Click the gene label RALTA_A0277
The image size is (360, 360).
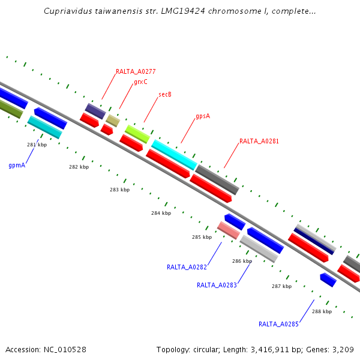point(136,72)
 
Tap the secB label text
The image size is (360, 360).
point(165,95)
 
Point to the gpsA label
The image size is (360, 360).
point(203,116)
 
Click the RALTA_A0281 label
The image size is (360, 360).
point(259,142)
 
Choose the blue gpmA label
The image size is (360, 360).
point(17,164)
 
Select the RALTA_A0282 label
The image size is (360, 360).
point(187,267)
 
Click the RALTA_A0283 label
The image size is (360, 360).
point(217,285)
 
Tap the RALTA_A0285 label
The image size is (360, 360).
point(278,324)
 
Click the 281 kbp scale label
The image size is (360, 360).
point(37,145)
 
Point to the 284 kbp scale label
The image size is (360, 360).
point(161,213)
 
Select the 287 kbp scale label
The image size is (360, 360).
point(281,286)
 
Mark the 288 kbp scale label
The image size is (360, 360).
point(322,311)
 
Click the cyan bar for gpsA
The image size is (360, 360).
point(174,154)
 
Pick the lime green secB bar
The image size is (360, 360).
point(137,134)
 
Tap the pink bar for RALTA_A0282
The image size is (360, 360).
point(228,230)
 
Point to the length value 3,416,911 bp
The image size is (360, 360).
point(273,349)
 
